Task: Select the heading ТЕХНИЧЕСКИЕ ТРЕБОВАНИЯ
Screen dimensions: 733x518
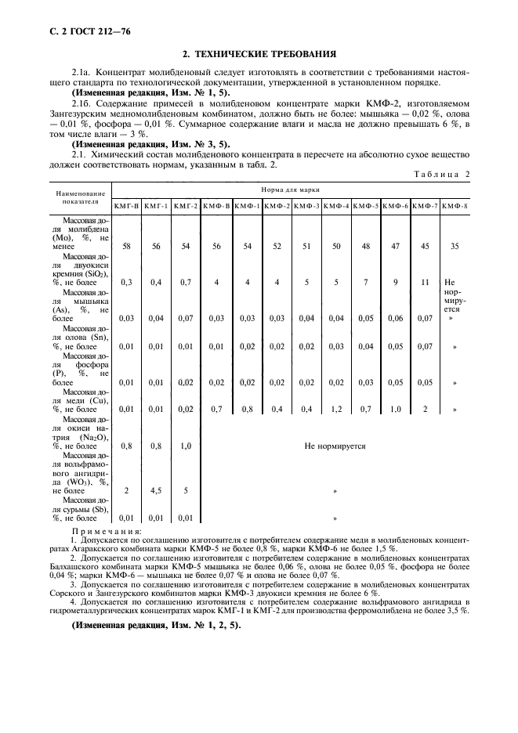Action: tap(259, 54)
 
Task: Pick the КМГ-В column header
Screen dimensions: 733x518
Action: tap(126, 205)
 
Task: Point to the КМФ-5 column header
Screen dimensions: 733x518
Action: tap(365, 205)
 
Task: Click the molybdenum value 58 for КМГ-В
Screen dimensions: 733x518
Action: tap(126, 246)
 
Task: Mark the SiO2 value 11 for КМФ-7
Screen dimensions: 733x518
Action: tap(425, 282)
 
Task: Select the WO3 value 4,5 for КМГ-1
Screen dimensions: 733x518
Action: tap(156, 489)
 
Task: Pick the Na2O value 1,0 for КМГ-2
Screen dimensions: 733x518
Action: tap(186, 446)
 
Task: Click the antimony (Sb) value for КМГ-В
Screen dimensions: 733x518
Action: tap(126, 518)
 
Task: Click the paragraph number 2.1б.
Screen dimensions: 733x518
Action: tap(82, 103)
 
